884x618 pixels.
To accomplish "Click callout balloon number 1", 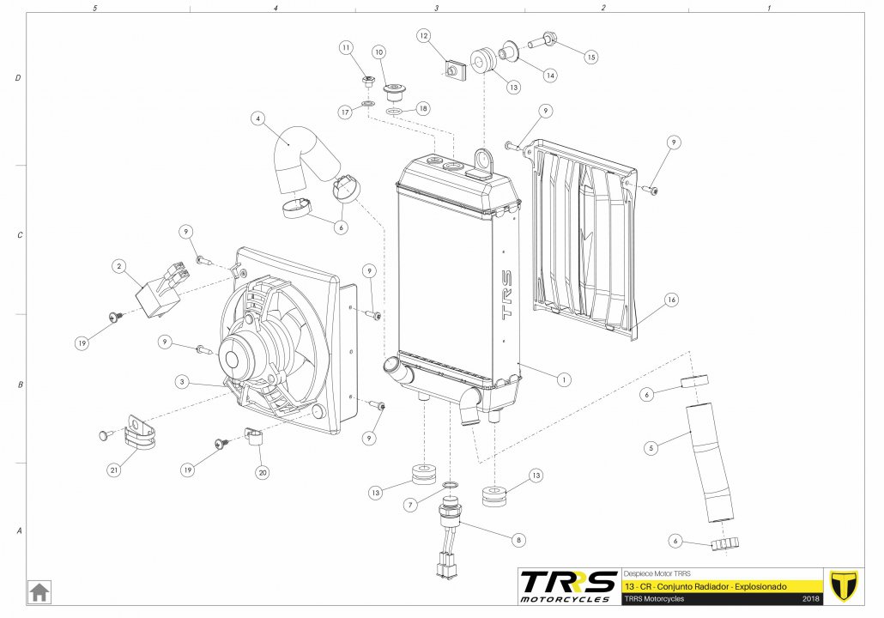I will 564,378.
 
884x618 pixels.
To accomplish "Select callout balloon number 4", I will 257,118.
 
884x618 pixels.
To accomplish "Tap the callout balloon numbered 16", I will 671,300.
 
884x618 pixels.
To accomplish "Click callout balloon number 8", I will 518,541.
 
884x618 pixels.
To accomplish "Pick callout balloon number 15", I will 590,57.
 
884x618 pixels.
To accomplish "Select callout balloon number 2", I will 119,267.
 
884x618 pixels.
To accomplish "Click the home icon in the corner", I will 39,592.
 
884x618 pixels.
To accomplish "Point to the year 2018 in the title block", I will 810,598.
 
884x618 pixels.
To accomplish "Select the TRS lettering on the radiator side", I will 506,296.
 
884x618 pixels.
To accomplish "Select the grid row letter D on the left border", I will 18,78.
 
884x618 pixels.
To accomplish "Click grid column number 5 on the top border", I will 94,7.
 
